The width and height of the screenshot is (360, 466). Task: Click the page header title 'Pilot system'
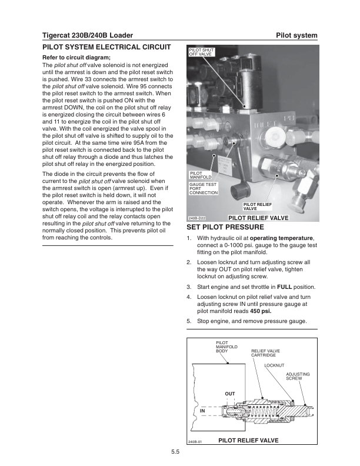point(296,36)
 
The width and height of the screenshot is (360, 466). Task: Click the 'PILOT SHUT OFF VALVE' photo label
point(201,52)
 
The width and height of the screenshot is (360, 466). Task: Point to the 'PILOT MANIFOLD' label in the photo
point(200,175)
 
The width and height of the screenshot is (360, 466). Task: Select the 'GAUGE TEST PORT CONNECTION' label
point(204,188)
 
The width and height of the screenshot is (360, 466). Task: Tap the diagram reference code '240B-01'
point(195,441)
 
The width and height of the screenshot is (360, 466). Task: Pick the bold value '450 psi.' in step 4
point(261,311)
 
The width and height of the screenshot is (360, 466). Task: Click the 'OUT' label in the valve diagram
point(230,394)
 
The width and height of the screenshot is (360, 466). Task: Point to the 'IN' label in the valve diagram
point(202,410)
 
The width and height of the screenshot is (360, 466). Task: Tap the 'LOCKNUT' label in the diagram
point(274,365)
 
